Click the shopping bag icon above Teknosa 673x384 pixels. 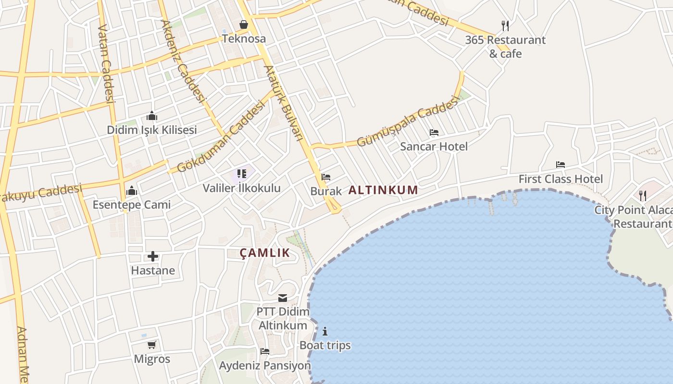click(244, 24)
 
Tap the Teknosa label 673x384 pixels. click(244, 39)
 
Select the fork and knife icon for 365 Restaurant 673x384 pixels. click(505, 25)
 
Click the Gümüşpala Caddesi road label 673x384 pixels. click(408, 121)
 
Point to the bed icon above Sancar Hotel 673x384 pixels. click(434, 132)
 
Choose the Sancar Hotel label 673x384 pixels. click(434, 146)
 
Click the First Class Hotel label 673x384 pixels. click(561, 179)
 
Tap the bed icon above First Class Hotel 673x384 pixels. click(560, 165)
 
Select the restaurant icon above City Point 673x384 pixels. click(642, 196)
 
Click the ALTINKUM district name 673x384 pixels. click(383, 190)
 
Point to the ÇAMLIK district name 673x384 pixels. click(265, 253)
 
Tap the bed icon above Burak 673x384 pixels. click(326, 177)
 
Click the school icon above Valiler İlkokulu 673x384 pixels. click(241, 174)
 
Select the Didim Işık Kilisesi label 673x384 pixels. click(152, 130)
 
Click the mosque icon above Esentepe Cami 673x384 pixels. click(131, 191)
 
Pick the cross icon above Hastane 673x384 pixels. click(153, 256)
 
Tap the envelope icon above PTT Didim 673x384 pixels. click(283, 298)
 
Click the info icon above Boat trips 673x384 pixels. click(325, 331)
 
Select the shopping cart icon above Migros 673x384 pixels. click(152, 345)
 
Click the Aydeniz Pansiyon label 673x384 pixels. click(265, 366)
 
